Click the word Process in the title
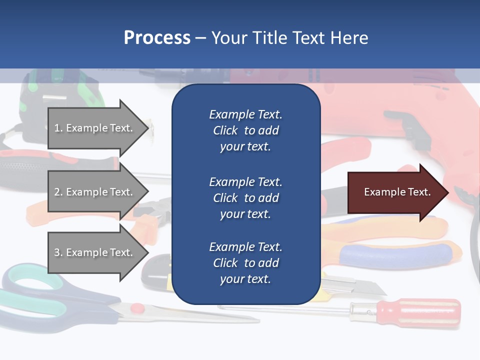tap(157, 38)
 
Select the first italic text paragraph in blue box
tap(245, 130)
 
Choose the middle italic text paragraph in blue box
tap(245, 198)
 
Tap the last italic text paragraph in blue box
tap(245, 263)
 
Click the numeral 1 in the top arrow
tap(56, 128)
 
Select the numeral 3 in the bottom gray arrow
tap(57, 252)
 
